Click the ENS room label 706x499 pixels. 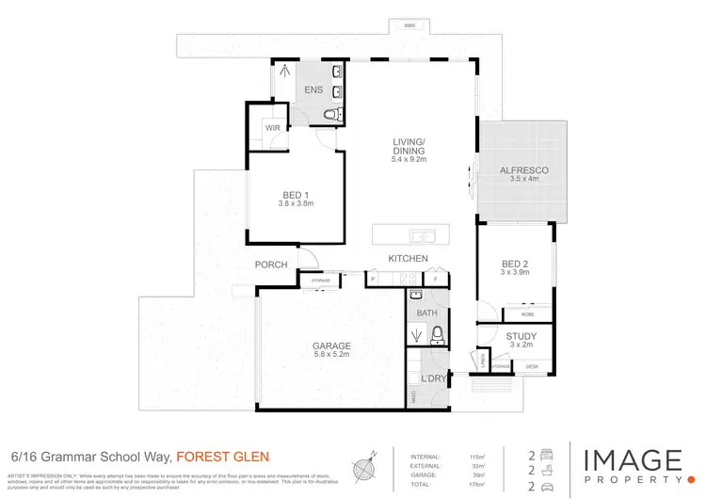[313, 90]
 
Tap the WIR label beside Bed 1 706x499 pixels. [271, 128]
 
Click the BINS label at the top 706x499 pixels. [409, 24]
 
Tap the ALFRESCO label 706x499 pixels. [523, 169]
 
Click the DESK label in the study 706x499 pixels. [532, 366]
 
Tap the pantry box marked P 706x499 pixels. [373, 279]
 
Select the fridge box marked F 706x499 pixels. [436, 279]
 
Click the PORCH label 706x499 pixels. [271, 265]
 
